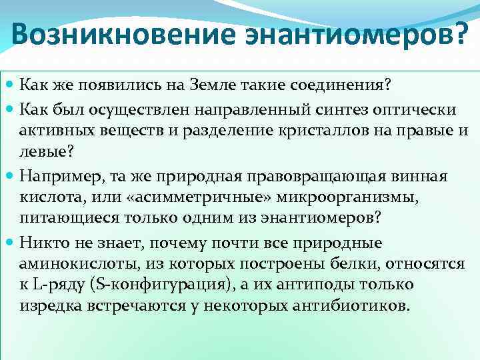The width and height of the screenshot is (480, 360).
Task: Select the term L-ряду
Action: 57,285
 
